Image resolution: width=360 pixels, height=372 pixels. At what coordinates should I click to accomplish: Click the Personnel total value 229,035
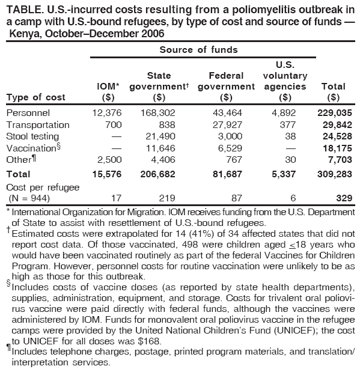(335, 112)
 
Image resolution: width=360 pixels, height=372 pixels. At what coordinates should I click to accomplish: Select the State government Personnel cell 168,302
(158, 112)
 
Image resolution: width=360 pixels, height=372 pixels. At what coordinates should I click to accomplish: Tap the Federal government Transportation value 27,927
(227, 125)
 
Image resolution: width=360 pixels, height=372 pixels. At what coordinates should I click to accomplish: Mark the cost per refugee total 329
(343, 198)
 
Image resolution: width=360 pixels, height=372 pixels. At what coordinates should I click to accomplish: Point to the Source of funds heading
(199, 49)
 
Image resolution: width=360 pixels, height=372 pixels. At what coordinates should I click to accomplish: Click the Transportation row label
(38, 125)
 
